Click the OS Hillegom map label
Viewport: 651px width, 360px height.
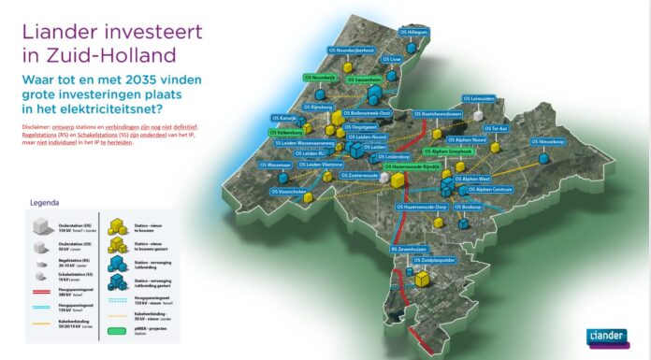413,32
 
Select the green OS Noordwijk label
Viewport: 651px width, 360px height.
322,78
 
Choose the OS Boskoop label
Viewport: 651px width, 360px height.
465,206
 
